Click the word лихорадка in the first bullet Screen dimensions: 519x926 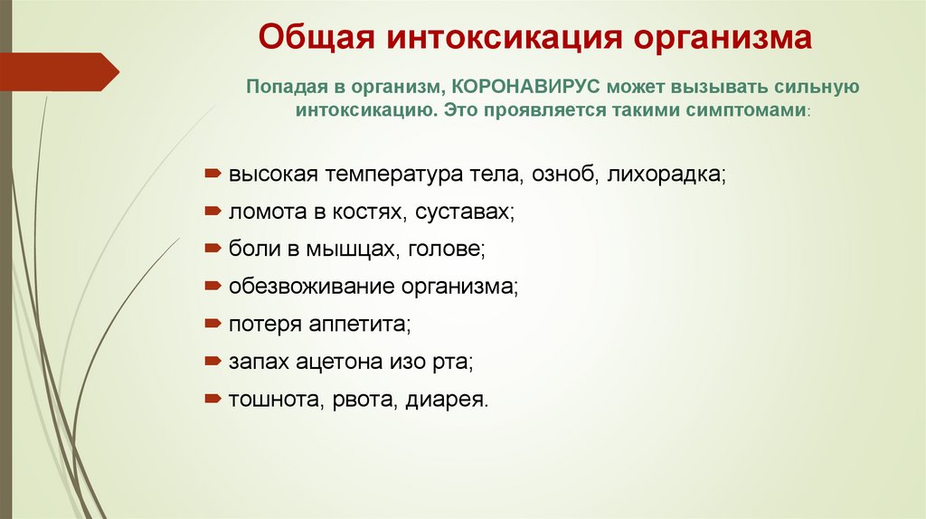click(667, 173)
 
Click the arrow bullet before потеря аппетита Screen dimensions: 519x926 click(211, 323)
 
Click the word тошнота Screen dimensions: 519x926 click(269, 400)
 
